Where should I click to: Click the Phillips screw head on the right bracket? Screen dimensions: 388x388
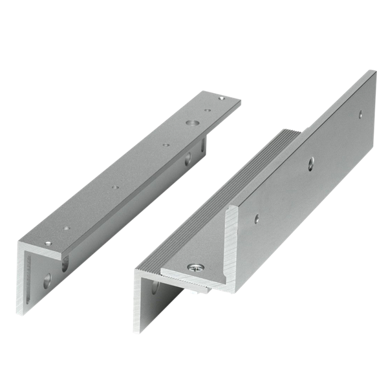(193, 266)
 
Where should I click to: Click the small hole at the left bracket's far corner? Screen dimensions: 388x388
(222, 98)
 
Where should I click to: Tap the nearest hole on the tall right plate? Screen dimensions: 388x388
(257, 219)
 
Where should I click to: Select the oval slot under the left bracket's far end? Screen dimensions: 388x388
(188, 156)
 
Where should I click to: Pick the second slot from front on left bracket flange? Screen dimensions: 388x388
(65, 262)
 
